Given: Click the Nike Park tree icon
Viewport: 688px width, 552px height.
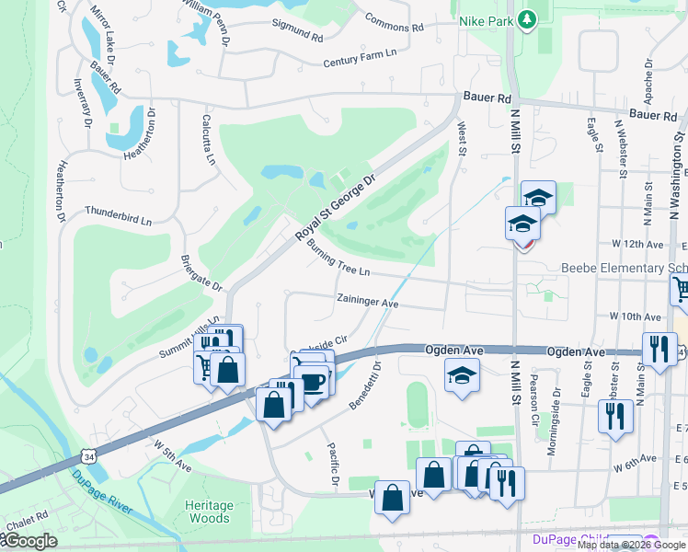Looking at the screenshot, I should [x=526, y=18].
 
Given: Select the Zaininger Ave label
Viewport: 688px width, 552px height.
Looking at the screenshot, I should [x=367, y=302].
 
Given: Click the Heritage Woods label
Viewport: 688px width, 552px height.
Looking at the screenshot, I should [x=208, y=512].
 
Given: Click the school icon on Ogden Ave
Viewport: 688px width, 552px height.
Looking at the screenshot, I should [x=461, y=375].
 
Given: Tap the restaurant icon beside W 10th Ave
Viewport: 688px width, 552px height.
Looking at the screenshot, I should [x=659, y=348].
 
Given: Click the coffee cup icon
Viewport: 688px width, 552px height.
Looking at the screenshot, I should [x=313, y=382].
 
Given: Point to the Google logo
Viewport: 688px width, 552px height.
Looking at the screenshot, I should [x=29, y=541].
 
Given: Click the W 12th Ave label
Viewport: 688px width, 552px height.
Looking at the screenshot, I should [x=636, y=245].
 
